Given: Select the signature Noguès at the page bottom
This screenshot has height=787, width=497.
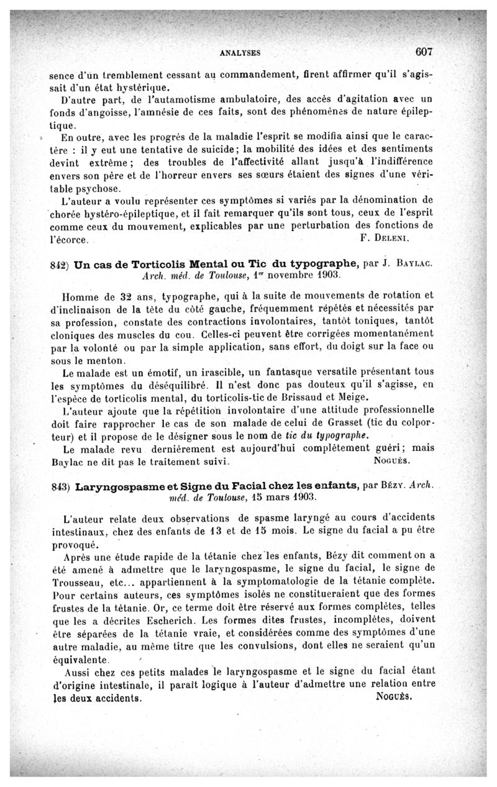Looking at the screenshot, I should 394,696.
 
